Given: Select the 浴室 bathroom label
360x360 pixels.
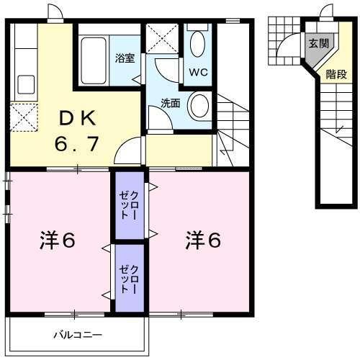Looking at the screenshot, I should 125,58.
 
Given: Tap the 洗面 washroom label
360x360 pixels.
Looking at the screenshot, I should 170,103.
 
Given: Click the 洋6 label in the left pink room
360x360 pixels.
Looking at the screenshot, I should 57,240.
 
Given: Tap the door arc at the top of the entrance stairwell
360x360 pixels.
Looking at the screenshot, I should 325,12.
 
